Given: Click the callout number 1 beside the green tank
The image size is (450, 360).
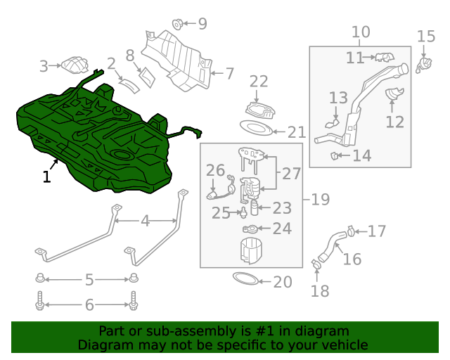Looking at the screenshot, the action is (47, 176).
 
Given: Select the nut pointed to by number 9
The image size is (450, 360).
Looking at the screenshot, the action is (177, 24).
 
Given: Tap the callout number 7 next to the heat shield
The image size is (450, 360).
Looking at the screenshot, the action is (230, 74).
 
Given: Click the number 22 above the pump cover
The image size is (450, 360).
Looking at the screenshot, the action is (259, 82).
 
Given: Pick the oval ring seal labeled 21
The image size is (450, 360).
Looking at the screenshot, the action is (256, 128).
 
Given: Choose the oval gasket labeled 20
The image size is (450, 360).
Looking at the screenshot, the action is (245, 278).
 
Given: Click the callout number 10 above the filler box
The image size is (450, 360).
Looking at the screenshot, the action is (361, 32).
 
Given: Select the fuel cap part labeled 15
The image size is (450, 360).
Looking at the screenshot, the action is (424, 65).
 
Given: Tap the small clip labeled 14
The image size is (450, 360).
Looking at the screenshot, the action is (335, 156).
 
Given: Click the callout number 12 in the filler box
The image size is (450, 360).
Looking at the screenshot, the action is (395, 122).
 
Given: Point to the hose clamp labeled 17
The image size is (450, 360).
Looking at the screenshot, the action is (351, 231).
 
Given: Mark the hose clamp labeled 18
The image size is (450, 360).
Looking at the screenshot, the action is (316, 264).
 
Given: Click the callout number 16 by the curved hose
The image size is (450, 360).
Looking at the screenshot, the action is (352, 259).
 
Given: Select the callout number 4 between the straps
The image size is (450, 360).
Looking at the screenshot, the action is (146, 221).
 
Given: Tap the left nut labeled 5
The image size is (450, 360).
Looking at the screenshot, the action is (40, 278).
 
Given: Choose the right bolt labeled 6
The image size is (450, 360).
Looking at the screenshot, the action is (134, 300).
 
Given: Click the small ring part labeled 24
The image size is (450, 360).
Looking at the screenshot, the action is (250, 229).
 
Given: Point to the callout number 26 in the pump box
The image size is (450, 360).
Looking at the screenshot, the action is (216, 170).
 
